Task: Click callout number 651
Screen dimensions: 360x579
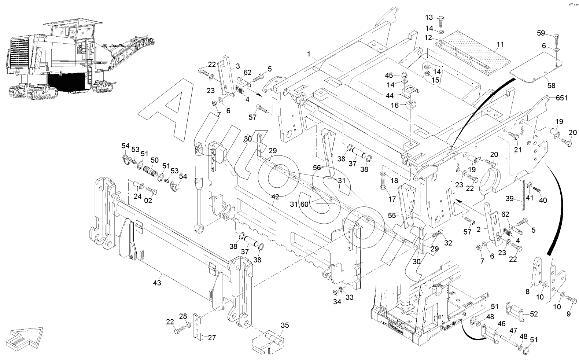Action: point(561,98)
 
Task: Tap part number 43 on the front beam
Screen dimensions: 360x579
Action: point(157,283)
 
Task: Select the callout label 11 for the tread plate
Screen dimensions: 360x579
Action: point(501,44)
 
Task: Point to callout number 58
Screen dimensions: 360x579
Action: point(551,86)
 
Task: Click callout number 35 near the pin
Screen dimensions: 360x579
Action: point(285,325)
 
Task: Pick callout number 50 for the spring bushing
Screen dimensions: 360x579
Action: point(155,160)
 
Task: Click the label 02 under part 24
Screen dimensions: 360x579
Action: point(148,201)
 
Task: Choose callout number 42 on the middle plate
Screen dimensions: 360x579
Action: point(275,197)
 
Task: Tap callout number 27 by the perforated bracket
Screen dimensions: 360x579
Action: point(212,338)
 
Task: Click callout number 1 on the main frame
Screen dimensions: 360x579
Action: point(309,54)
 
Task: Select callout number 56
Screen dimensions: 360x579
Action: point(317,167)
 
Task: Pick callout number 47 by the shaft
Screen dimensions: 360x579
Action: point(513,330)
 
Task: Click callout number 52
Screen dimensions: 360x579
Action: point(534,314)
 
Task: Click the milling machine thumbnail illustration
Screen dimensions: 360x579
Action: point(81,59)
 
